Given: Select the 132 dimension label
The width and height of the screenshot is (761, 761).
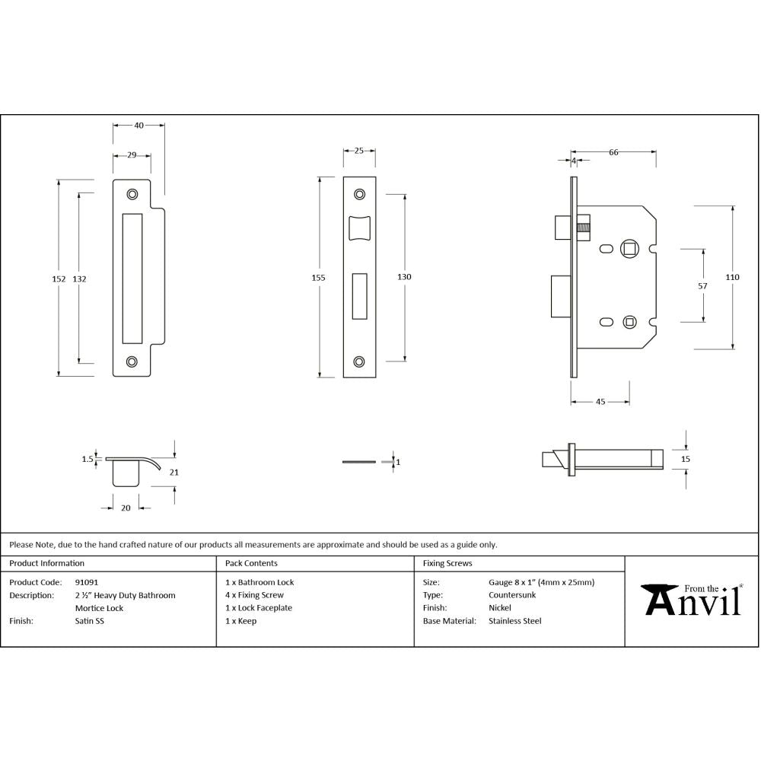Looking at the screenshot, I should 80,279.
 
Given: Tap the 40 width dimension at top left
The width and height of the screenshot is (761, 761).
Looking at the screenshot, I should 139,125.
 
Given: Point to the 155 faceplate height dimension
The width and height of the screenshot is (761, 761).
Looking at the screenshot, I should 319,278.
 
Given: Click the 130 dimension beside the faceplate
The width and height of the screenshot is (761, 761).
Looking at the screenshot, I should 404,277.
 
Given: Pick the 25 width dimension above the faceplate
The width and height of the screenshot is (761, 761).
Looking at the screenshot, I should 358,151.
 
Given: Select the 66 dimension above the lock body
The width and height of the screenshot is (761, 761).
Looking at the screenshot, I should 613,152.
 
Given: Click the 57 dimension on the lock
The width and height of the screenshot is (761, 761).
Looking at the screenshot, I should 702,286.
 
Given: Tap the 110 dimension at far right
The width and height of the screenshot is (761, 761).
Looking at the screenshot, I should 732,278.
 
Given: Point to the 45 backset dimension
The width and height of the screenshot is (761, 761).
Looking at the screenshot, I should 600,402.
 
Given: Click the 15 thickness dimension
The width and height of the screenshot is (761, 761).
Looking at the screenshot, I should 685,459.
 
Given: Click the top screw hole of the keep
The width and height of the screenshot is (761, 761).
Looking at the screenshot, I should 132,194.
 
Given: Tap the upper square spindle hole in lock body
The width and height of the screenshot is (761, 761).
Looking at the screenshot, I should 629,248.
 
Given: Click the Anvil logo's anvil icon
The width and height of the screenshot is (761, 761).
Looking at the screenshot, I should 660,599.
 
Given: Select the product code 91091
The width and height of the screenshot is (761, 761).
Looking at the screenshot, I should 86,582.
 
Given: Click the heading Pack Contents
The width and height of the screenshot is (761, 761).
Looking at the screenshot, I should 252,564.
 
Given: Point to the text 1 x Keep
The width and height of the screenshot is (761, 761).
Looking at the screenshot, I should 241,621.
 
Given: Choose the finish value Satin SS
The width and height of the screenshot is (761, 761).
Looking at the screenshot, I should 90,621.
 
